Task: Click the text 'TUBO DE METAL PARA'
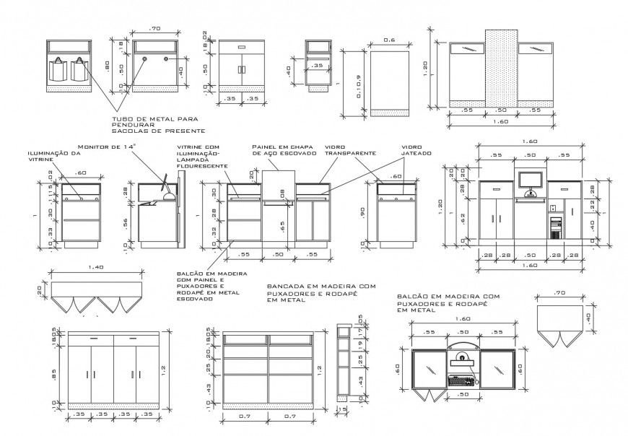pyautogui.click(x=154, y=119)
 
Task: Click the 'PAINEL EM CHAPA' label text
pyautogui.click(x=283, y=147)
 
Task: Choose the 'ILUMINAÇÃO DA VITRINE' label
pyautogui.click(x=55, y=157)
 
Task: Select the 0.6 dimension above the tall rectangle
pyautogui.click(x=389, y=40)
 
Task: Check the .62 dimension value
pyautogui.click(x=465, y=217)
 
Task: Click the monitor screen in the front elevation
pyautogui.click(x=531, y=180)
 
